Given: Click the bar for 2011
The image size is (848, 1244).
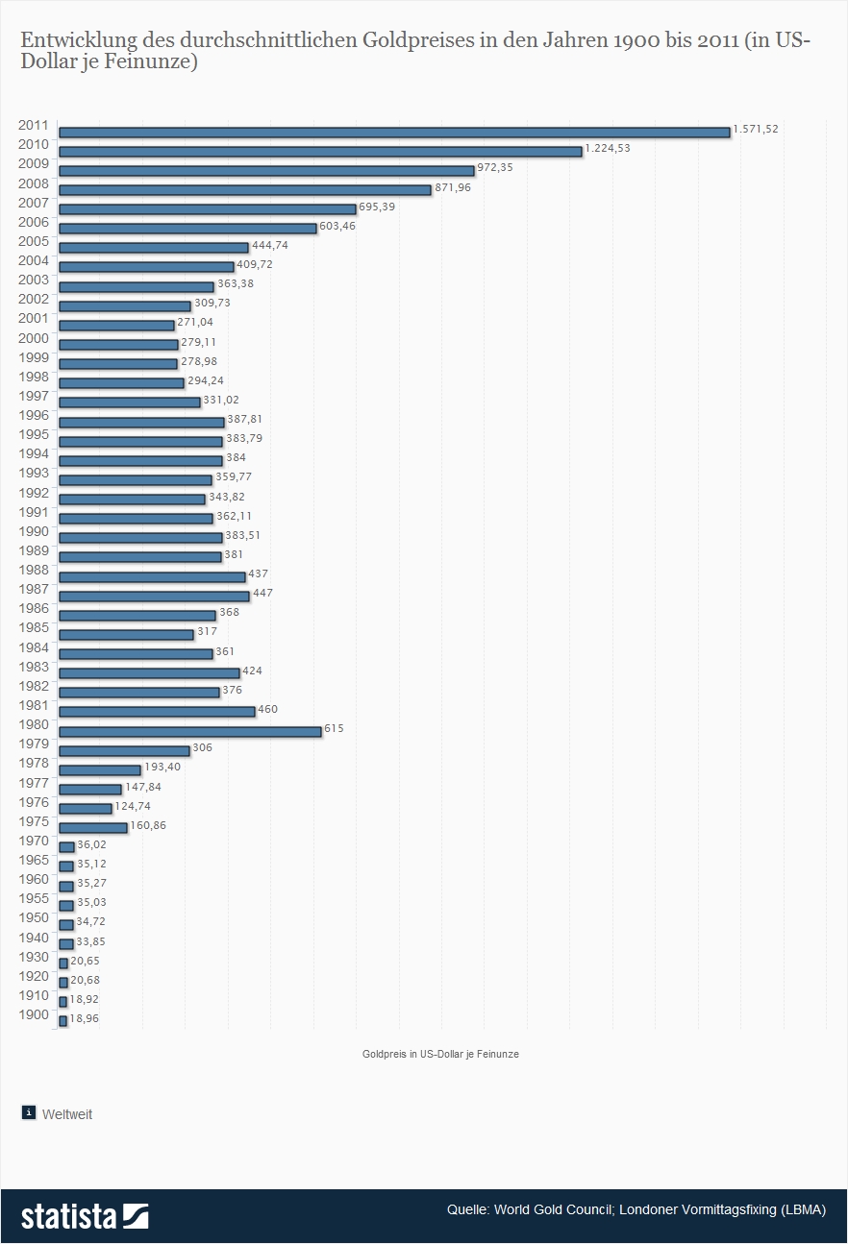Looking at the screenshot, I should click(394, 132).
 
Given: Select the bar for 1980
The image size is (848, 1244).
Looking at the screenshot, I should click(189, 731).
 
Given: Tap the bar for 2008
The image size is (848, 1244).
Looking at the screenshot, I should click(244, 189).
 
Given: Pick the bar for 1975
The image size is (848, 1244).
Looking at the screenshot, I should click(92, 827).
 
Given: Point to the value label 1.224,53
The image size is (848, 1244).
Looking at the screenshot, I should click(608, 148).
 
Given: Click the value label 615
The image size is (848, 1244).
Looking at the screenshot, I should click(334, 728).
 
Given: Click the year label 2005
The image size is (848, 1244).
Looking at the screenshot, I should click(34, 241).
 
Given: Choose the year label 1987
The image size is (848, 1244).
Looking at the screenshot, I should click(34, 589).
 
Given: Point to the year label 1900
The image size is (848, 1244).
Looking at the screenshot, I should click(34, 1014).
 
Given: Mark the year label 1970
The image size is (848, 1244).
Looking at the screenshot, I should click(34, 841).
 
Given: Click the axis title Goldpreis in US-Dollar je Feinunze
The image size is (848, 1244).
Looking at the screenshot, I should click(440, 1054).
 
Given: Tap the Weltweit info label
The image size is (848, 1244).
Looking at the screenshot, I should click(67, 1114).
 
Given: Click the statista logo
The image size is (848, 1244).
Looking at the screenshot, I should click(85, 1215).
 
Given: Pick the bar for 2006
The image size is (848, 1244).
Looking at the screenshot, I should click(187, 228).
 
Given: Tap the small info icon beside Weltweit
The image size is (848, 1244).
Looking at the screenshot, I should click(29, 1112).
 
